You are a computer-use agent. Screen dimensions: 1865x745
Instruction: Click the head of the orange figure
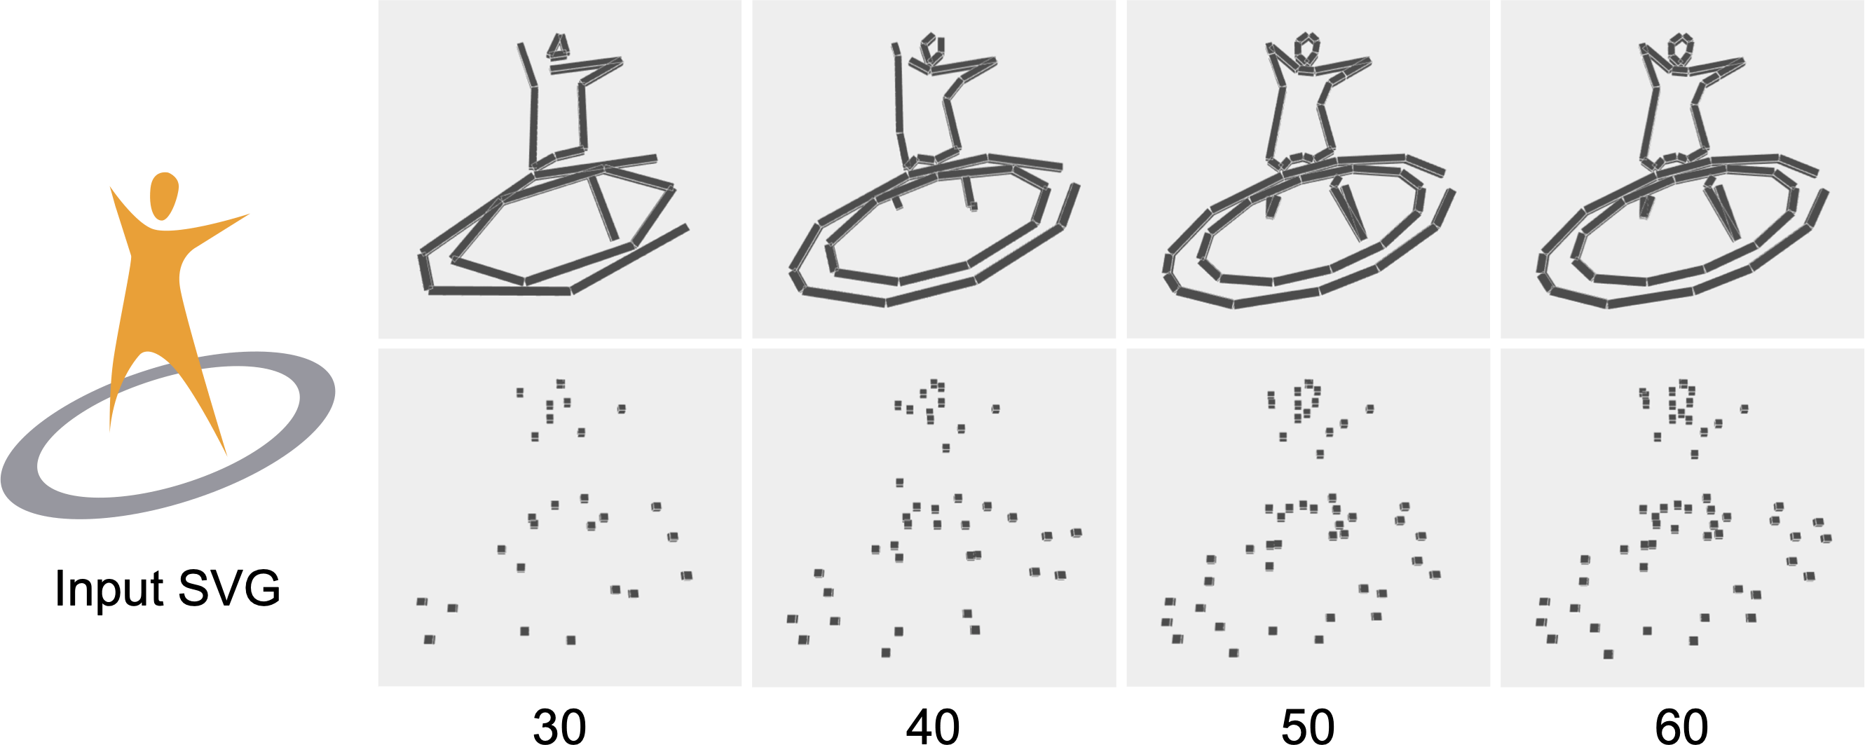click(163, 196)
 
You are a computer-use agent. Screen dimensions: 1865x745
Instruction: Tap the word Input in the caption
click(109, 588)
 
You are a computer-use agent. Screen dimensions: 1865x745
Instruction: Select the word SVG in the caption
click(228, 588)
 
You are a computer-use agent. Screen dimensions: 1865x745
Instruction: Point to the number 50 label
click(1308, 726)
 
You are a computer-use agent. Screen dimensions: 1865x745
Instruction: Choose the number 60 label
click(1681, 726)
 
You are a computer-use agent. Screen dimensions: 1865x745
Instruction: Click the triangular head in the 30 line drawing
click(558, 46)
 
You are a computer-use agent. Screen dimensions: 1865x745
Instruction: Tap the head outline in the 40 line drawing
click(932, 47)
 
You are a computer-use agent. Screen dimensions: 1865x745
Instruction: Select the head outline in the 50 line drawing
click(1307, 48)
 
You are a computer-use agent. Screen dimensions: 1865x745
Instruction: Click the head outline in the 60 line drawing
click(1681, 48)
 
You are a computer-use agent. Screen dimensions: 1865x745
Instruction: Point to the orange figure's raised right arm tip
click(249, 214)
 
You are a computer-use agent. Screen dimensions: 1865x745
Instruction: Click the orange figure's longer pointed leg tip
click(226, 455)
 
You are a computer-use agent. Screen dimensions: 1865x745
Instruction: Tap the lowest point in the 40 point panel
click(885, 653)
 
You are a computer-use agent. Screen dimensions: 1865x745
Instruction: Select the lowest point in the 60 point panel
click(1608, 655)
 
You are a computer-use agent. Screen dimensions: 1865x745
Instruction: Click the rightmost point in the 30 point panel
click(686, 575)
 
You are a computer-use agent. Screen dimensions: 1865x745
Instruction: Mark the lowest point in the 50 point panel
click(1234, 653)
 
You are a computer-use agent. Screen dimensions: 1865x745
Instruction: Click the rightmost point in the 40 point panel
click(1076, 533)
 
